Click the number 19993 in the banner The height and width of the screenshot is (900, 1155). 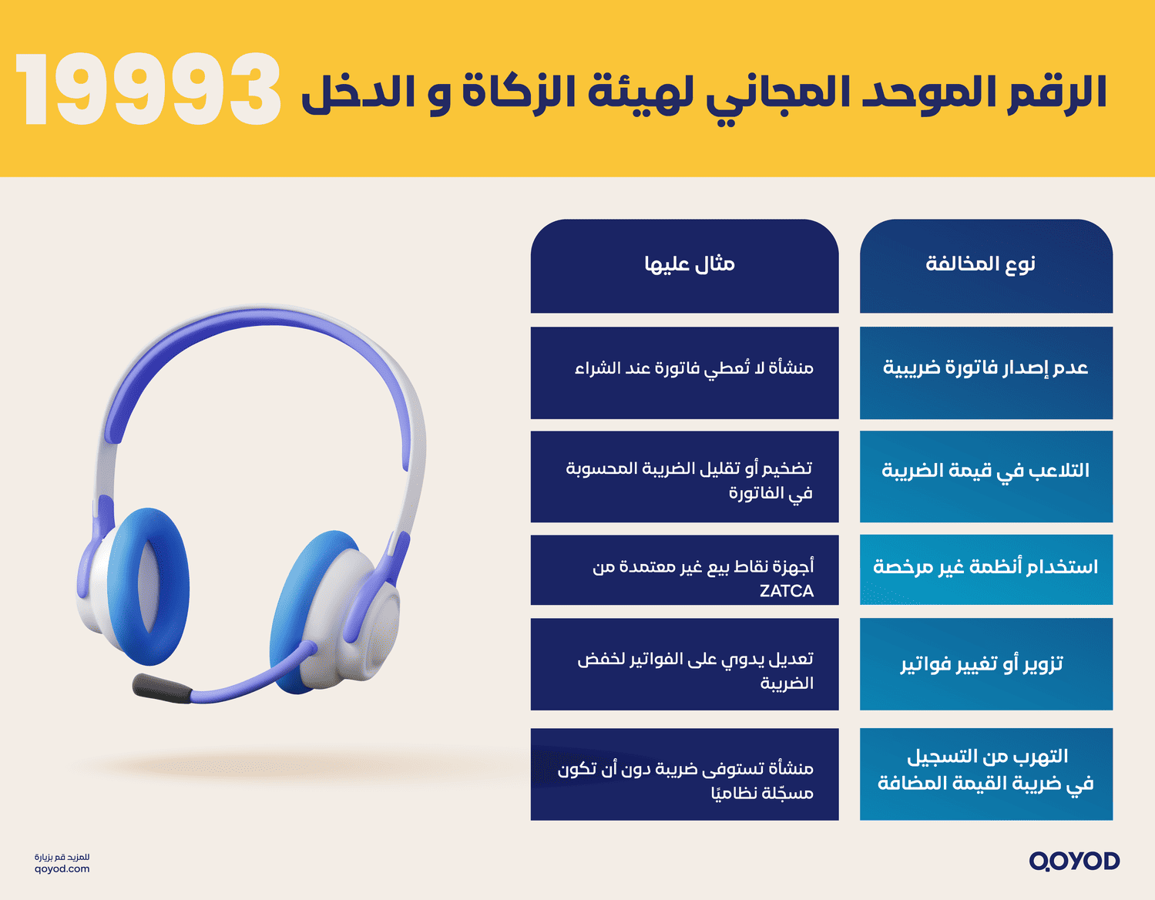(x=148, y=91)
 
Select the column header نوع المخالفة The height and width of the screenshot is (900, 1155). (x=985, y=265)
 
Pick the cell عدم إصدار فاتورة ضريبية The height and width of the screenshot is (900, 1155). (x=985, y=368)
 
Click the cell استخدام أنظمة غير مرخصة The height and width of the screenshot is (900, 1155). (x=985, y=568)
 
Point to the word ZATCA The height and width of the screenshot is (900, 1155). (x=786, y=591)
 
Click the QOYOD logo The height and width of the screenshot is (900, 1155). (x=1074, y=861)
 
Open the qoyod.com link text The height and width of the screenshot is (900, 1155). (x=62, y=869)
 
